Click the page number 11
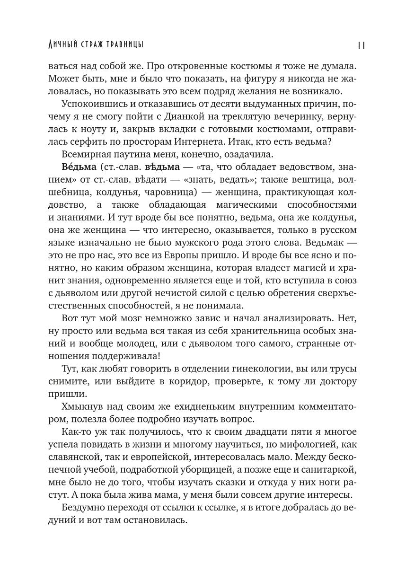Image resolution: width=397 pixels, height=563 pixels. [361, 44]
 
